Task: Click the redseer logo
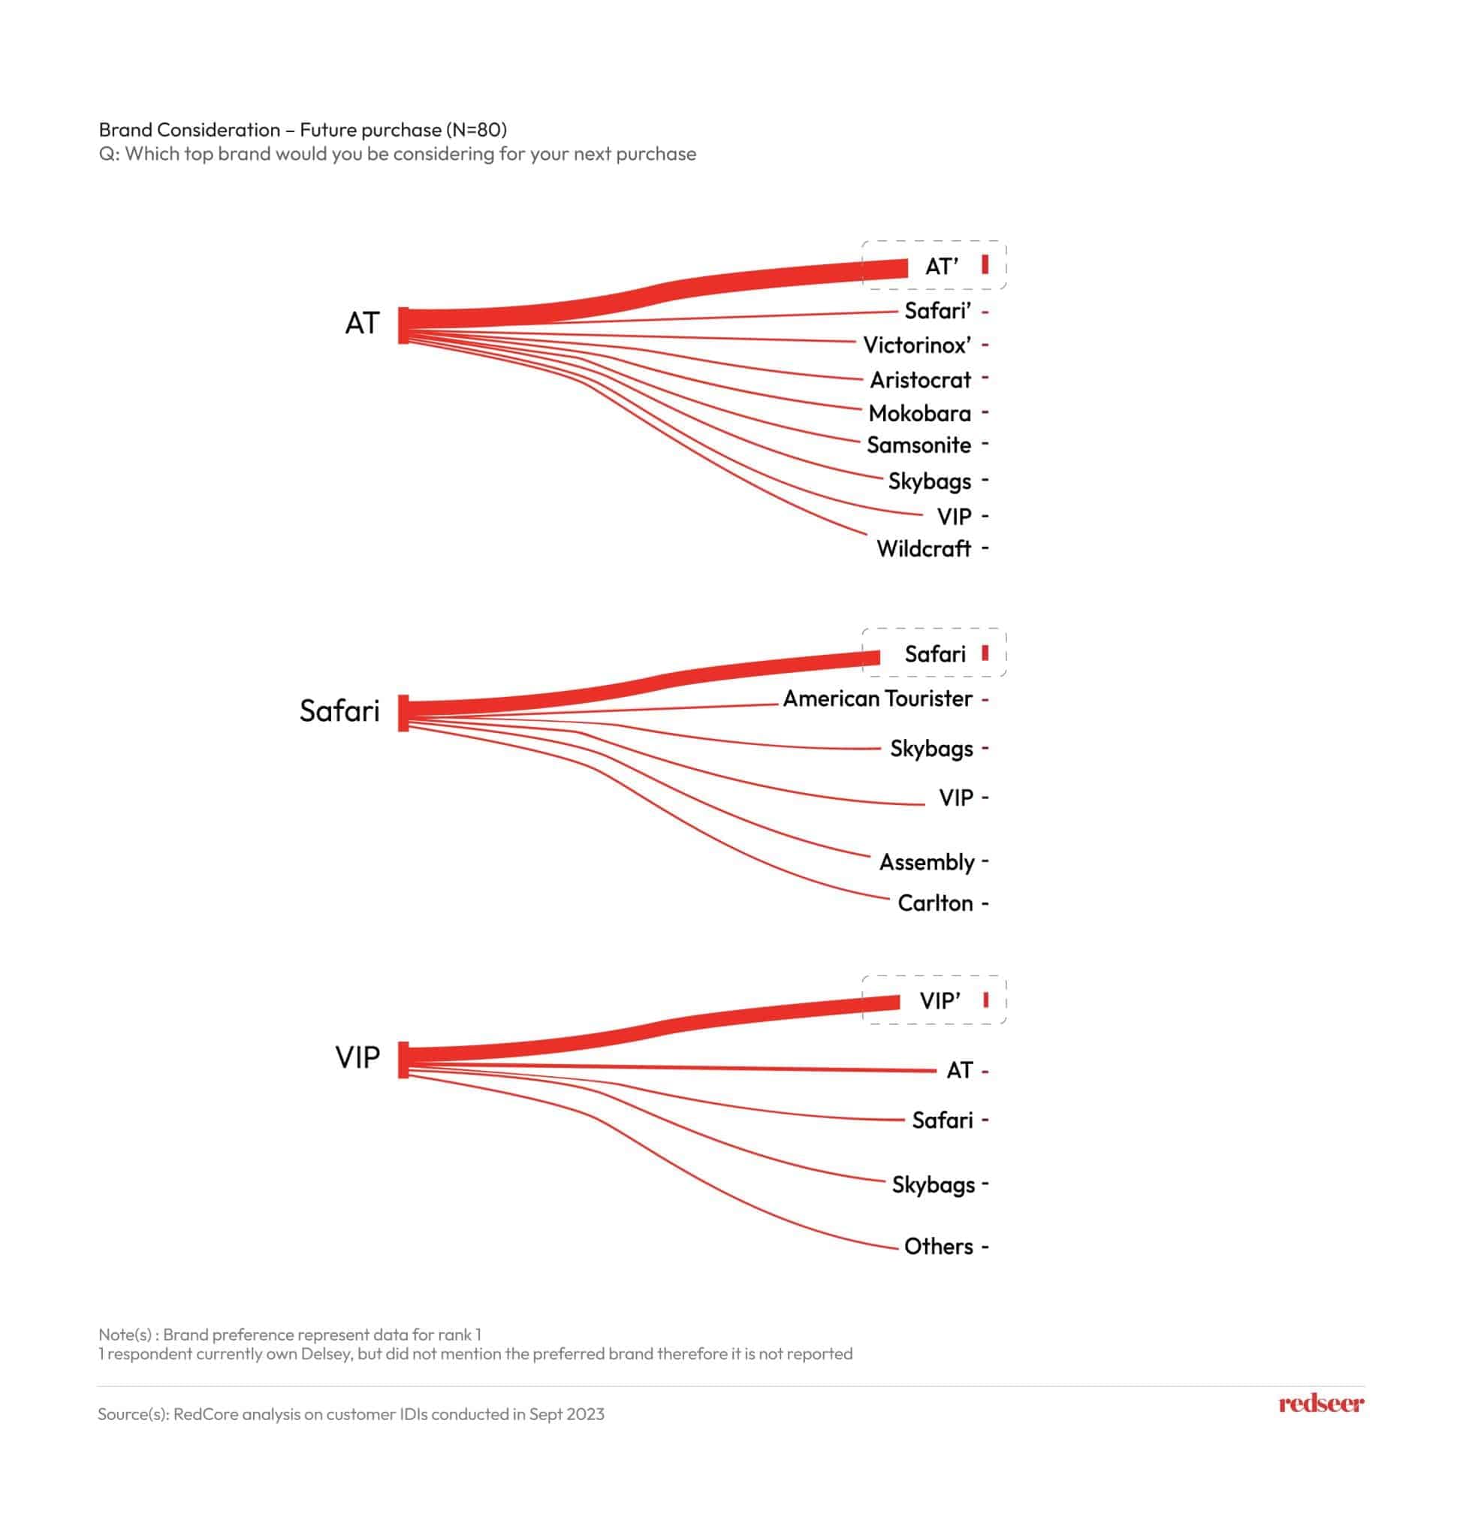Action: (x=1321, y=1403)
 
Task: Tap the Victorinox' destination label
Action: (x=916, y=345)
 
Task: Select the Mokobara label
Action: (x=919, y=412)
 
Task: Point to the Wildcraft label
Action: (x=923, y=548)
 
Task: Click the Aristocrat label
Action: (x=920, y=380)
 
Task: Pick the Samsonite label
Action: (x=919, y=445)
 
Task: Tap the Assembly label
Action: (x=927, y=862)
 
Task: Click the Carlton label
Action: (x=935, y=903)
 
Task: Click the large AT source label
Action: (x=362, y=323)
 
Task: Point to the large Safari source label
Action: (x=339, y=710)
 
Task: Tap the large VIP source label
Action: (x=357, y=1057)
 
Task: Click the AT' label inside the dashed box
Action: (x=941, y=267)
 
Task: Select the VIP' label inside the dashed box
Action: (x=940, y=1000)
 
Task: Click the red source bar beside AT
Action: (x=403, y=325)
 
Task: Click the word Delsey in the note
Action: (x=334, y=1353)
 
